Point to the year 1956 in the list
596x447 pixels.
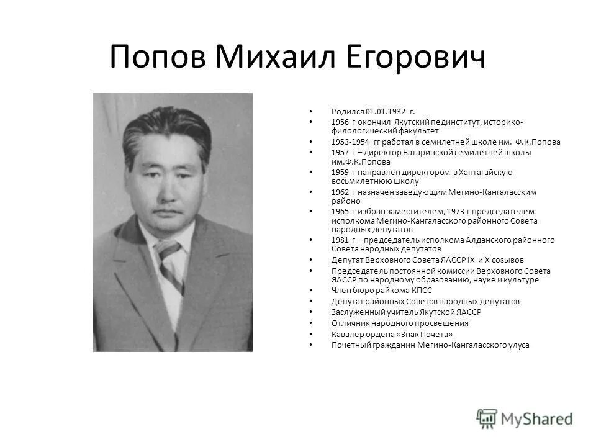[x=340, y=122]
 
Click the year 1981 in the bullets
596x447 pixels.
[x=340, y=240]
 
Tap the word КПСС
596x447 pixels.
[x=419, y=290]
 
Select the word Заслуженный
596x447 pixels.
[x=356, y=312]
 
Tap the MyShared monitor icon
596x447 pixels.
[x=487, y=417]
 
